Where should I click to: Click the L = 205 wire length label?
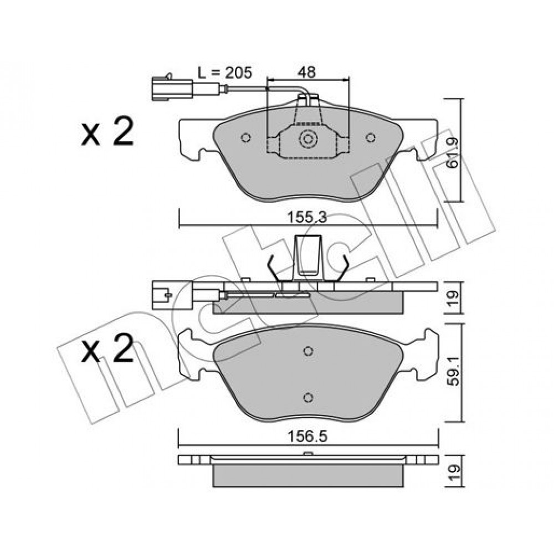pyautogui.click(x=225, y=73)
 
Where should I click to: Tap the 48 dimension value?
pyautogui.click(x=306, y=73)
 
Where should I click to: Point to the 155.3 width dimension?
pyautogui.click(x=306, y=218)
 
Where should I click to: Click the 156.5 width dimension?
pyautogui.click(x=307, y=437)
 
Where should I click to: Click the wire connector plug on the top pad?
pyautogui.click(x=172, y=89)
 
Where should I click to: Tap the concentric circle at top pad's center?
pyautogui.click(x=308, y=139)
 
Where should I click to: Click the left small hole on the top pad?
pyautogui.click(x=246, y=137)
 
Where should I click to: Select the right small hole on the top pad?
pyautogui.click(x=370, y=137)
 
